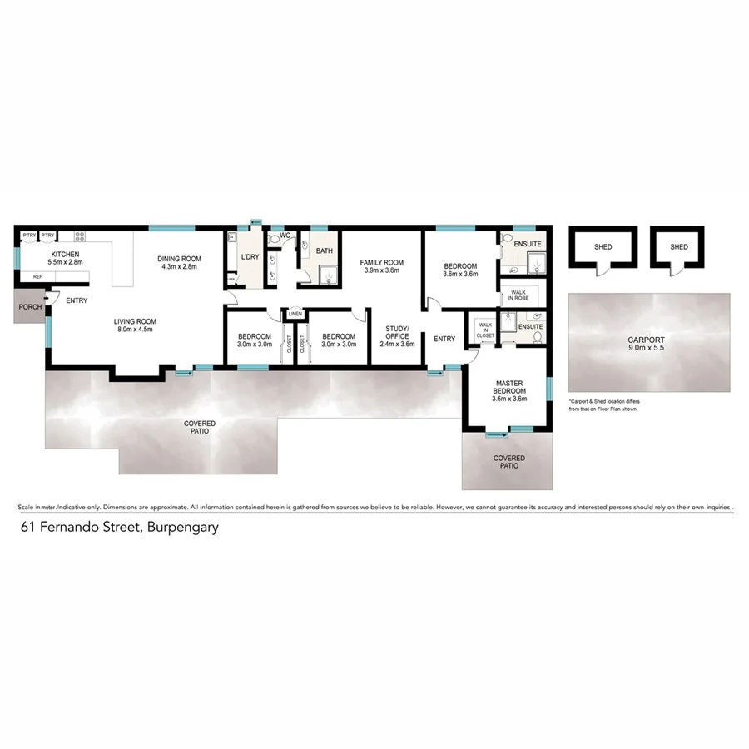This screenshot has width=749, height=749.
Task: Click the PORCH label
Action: (x=30, y=307)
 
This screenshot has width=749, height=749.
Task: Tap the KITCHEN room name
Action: (x=65, y=254)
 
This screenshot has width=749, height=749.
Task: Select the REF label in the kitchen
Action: (x=37, y=276)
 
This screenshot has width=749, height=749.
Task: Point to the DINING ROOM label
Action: (x=180, y=259)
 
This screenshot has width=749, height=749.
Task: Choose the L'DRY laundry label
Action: (x=250, y=257)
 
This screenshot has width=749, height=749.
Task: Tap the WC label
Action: (x=285, y=236)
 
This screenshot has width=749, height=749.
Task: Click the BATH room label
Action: (x=325, y=250)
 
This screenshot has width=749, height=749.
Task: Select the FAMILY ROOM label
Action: (x=381, y=262)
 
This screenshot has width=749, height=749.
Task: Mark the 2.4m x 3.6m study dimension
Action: (x=397, y=345)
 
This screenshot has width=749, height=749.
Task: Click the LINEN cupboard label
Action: (x=295, y=314)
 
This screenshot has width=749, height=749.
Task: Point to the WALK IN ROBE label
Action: (x=518, y=295)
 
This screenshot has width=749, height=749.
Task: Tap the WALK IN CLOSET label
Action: (x=484, y=330)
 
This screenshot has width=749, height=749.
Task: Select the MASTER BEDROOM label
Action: (x=508, y=389)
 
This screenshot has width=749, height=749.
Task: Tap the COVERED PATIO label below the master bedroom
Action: (x=508, y=462)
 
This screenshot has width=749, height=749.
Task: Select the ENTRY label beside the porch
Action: (x=76, y=300)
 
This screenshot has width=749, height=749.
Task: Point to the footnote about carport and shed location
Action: (x=610, y=405)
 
